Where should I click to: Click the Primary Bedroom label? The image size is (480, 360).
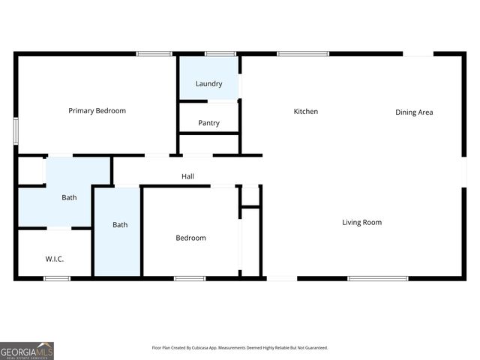click(97, 111)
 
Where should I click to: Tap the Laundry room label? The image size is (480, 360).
click(208, 84)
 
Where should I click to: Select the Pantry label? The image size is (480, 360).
click(208, 123)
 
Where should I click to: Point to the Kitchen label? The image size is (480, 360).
click(305, 112)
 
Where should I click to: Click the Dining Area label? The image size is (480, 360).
click(414, 112)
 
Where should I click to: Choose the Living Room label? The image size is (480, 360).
click(362, 223)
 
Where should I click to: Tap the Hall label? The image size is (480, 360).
click(187, 177)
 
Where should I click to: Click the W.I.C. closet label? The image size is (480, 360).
click(54, 259)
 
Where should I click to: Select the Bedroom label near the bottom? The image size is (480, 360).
click(190, 238)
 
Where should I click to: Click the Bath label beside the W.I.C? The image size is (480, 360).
click(69, 198)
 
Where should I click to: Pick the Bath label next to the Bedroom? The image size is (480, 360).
click(120, 225)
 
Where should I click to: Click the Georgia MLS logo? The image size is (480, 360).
click(27, 351)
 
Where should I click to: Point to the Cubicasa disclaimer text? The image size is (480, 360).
click(239, 348)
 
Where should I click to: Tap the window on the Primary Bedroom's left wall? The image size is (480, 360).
click(16, 130)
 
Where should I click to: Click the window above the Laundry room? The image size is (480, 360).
click(220, 53)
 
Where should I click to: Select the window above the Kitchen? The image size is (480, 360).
click(303, 53)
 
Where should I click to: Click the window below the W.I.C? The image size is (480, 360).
click(57, 279)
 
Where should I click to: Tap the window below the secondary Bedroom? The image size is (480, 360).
click(190, 279)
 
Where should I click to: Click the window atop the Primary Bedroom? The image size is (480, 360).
click(154, 53)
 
